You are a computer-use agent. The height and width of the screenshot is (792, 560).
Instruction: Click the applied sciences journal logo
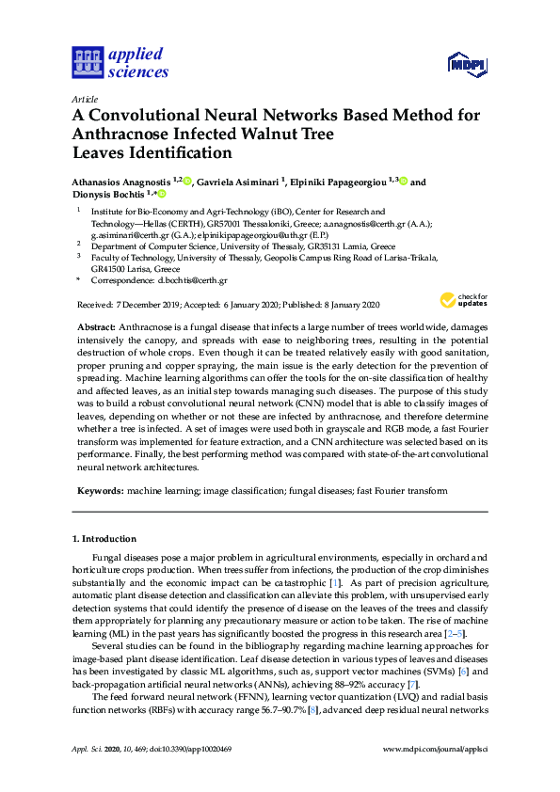tap(120, 62)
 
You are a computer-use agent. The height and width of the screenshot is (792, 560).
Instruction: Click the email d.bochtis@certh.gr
tap(192, 280)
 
